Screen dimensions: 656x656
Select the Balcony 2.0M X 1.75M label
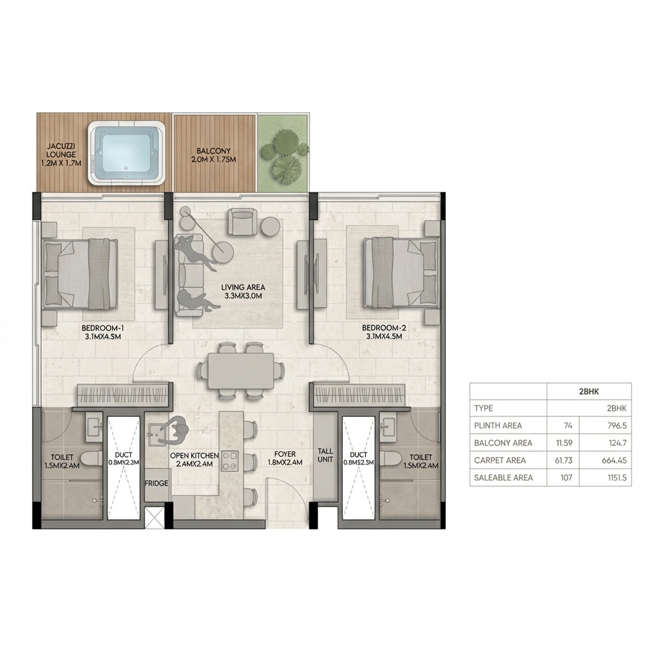pos(214,155)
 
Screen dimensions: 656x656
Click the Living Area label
pos(243,292)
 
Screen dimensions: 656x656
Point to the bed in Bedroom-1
pos(80,273)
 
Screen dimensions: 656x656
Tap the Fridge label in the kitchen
pos(157,483)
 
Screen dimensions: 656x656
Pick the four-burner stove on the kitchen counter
pos(230,461)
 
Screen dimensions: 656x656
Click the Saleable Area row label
pos(503,477)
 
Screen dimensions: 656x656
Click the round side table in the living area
pos(270,225)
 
